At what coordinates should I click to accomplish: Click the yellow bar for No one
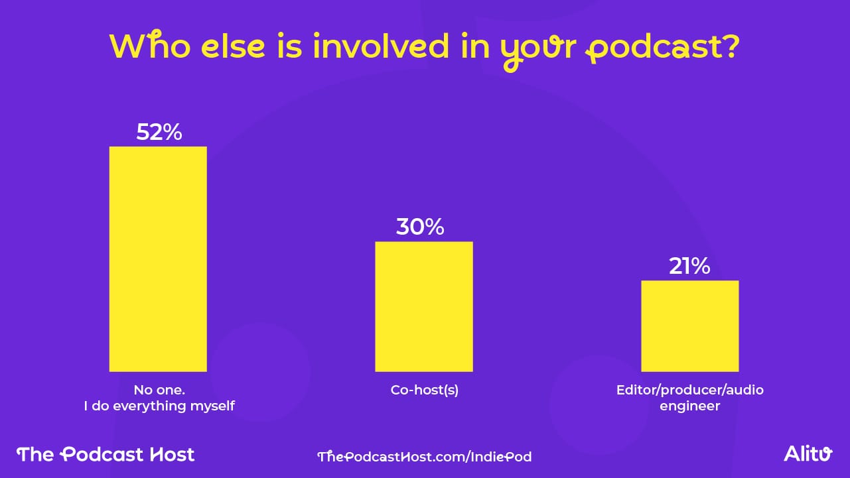click(158, 259)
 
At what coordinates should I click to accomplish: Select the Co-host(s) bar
click(424, 306)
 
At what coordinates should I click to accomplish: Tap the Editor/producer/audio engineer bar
click(689, 326)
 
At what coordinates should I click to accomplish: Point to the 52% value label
click(159, 133)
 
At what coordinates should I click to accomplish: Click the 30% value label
click(420, 227)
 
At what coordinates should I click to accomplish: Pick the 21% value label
click(689, 267)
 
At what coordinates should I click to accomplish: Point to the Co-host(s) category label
click(425, 390)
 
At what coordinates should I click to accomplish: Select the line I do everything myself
click(159, 406)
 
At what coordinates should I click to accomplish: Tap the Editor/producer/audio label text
click(690, 390)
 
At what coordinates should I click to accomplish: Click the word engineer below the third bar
click(690, 406)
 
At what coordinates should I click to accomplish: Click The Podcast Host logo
click(106, 454)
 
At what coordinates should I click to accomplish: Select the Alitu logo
click(808, 454)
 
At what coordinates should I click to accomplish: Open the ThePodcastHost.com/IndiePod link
click(425, 456)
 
